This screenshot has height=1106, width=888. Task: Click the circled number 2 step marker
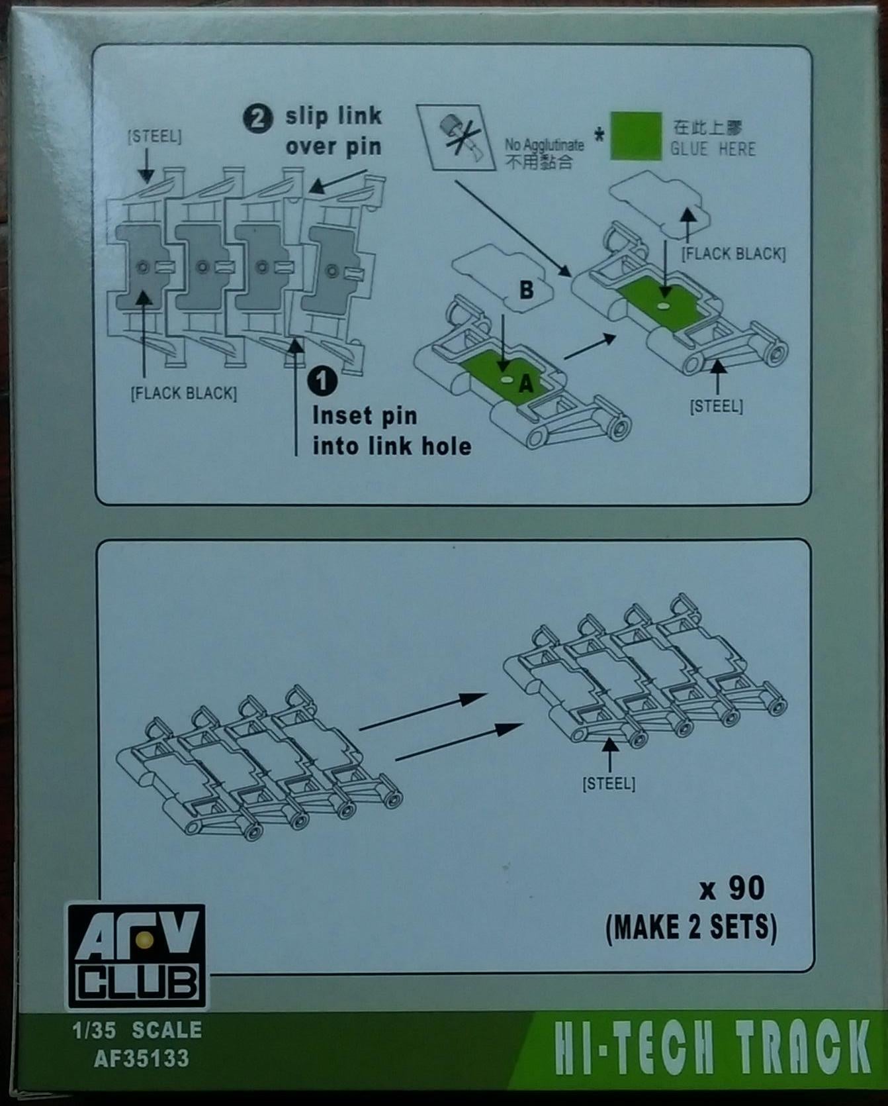click(x=257, y=120)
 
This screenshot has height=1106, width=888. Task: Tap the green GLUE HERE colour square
click(x=635, y=136)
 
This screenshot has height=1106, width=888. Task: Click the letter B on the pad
click(x=526, y=289)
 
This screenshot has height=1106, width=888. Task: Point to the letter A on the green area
click(x=526, y=383)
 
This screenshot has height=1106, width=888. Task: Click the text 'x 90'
click(x=733, y=888)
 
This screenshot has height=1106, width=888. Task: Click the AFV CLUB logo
click(x=136, y=956)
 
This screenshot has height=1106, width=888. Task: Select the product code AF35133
click(x=142, y=1058)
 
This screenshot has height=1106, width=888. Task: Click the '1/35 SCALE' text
click(x=138, y=1030)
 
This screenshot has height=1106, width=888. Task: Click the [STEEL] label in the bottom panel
click(x=609, y=784)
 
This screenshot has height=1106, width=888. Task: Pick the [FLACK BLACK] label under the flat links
click(x=183, y=393)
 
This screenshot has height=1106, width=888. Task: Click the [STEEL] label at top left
click(x=154, y=137)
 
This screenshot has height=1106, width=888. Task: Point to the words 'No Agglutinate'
click(x=544, y=145)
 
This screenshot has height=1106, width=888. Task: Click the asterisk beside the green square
click(x=598, y=136)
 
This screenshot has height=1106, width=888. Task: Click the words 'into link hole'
click(x=392, y=446)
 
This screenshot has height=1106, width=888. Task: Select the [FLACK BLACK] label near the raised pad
click(x=733, y=254)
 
